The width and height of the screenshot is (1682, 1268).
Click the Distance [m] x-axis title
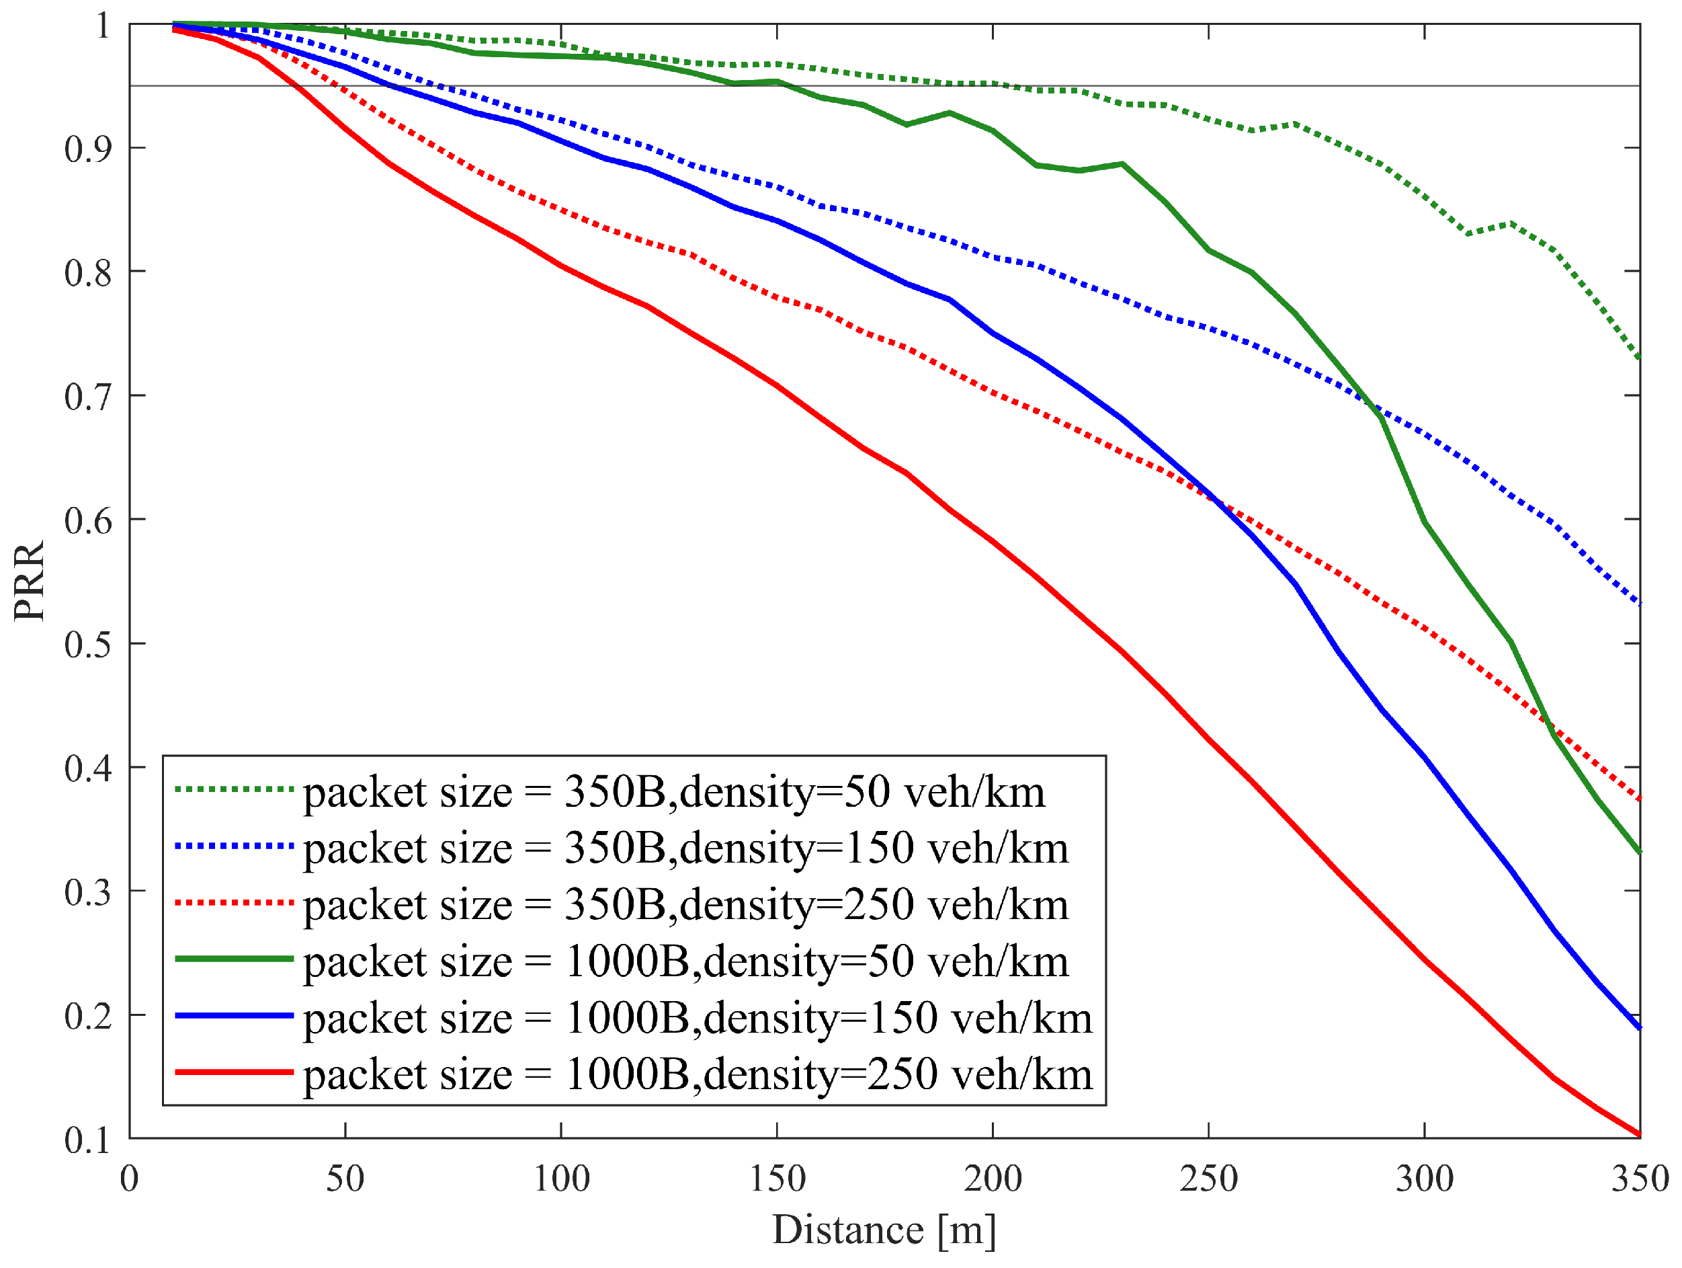(884, 1229)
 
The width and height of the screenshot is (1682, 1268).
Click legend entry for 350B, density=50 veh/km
(674, 793)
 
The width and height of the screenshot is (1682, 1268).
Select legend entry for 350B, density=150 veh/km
(686, 848)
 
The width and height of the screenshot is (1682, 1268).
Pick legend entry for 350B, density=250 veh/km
(686, 905)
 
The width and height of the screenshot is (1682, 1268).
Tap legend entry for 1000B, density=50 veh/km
(686, 961)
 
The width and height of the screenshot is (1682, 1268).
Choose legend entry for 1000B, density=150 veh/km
(698, 1018)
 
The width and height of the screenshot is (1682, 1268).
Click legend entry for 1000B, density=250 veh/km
(698, 1074)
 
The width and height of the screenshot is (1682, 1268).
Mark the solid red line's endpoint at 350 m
(1639, 1135)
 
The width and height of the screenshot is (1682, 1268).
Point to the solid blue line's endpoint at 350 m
(1639, 1029)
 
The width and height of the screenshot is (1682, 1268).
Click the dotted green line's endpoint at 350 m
(1639, 357)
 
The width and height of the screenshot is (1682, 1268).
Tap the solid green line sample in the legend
(235, 959)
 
